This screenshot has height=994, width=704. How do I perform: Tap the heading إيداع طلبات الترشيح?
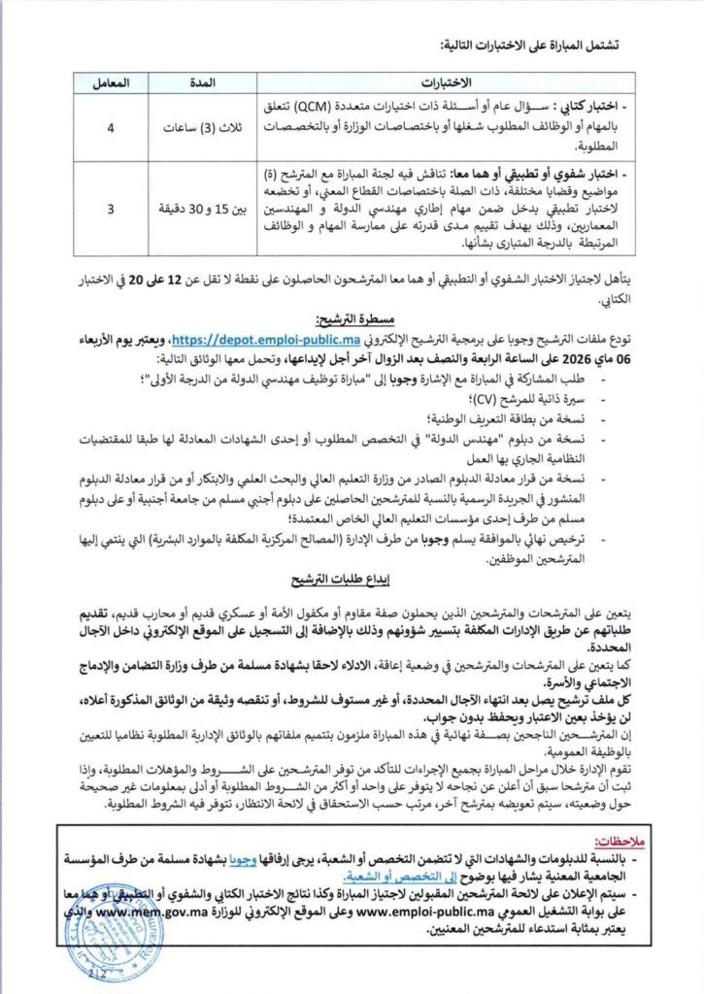coord(351,580)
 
